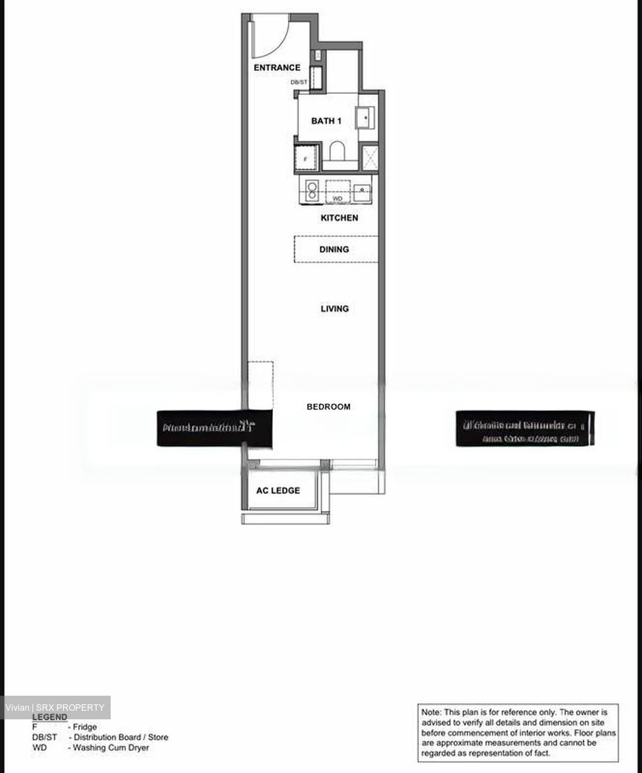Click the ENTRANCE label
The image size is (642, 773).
pos(277,68)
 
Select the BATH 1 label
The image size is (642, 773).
pos(326,121)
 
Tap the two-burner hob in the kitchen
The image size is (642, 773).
pos(311,191)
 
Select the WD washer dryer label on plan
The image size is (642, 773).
pos(337,199)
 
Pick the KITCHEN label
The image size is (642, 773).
pos(339,218)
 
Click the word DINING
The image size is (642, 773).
pos(334,249)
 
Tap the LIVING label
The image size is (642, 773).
pos(335,309)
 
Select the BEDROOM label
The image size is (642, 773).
pos(328,407)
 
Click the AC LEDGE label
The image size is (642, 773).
pos(278,491)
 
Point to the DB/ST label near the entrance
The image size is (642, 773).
pos(299,82)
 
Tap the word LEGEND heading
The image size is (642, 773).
pos(50,717)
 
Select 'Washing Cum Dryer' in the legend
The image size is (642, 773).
pos(111,747)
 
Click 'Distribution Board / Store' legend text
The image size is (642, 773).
pos(121,737)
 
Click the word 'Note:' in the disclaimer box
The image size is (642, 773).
pos(431,712)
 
